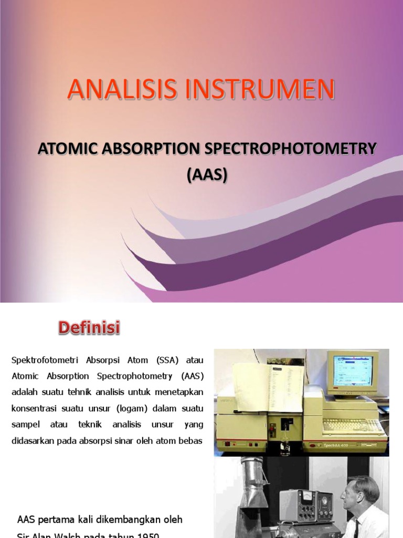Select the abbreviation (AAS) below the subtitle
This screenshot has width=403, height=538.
click(207, 175)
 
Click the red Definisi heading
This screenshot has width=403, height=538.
click(89, 329)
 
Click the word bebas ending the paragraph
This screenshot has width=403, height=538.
click(191, 441)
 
